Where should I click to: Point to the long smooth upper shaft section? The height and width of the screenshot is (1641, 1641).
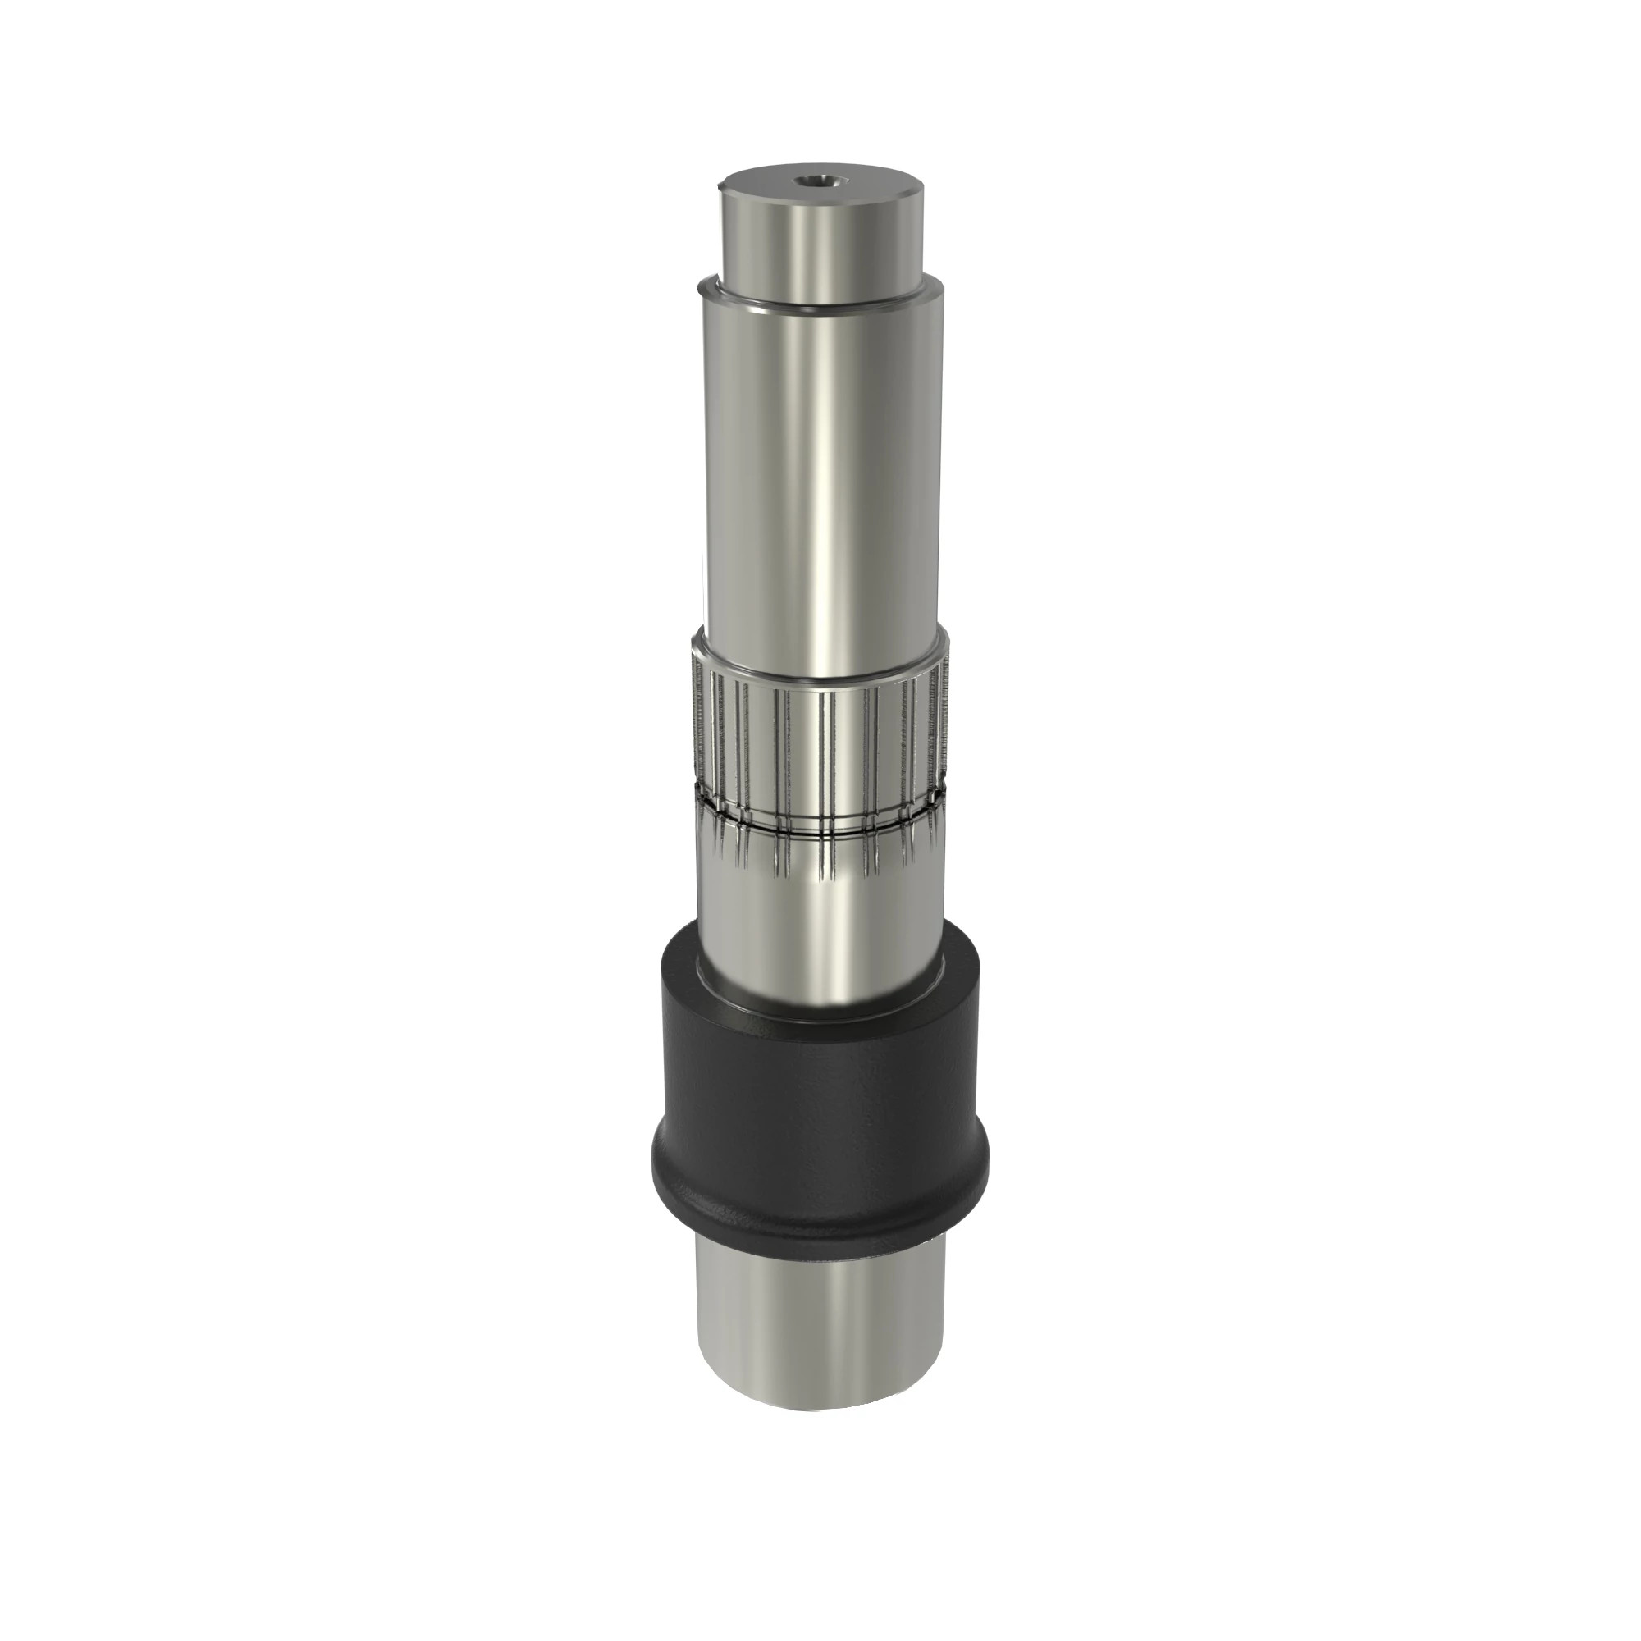click(820, 476)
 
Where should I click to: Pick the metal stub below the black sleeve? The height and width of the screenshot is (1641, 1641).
click(820, 1325)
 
